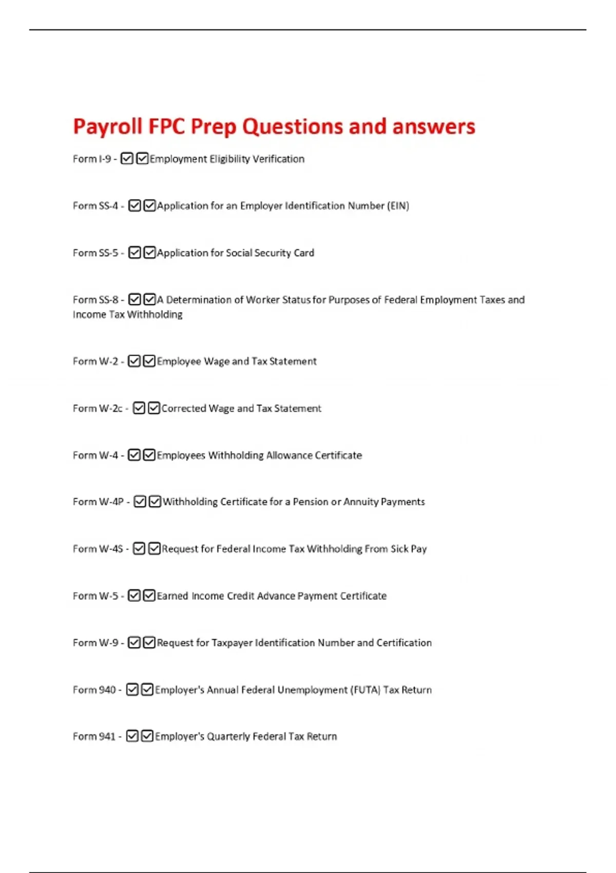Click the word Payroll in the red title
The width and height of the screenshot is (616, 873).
tap(107, 127)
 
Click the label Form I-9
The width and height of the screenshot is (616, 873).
tap(92, 159)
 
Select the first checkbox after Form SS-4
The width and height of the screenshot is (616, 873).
tap(134, 206)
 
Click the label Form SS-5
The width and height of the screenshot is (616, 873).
tap(95, 253)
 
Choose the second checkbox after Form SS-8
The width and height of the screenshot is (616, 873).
tap(149, 299)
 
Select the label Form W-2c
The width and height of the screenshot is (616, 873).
tap(98, 409)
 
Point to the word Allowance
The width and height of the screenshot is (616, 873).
tap(288, 456)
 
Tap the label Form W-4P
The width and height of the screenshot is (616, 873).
tap(98, 502)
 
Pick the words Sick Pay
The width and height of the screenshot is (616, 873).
tap(409, 549)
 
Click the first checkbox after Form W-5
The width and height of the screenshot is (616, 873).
tap(134, 596)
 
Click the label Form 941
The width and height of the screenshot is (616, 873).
tap(94, 737)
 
